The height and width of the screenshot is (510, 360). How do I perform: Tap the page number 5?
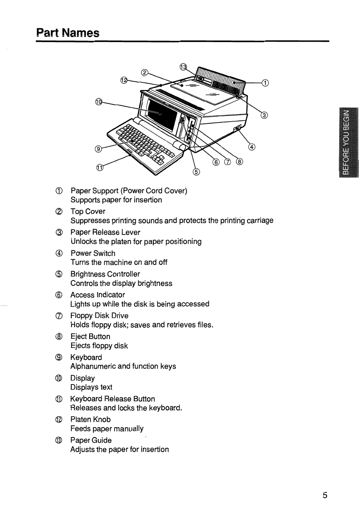click(x=325, y=495)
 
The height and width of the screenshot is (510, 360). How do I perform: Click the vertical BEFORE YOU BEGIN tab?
click(x=349, y=142)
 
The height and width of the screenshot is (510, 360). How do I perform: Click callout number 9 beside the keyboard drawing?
click(x=98, y=149)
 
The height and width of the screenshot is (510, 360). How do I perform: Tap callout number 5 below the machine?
click(x=196, y=172)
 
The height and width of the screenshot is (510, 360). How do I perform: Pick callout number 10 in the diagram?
click(x=99, y=102)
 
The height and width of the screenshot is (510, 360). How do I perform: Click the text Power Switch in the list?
click(x=93, y=253)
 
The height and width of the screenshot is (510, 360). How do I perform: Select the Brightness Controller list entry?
click(x=105, y=274)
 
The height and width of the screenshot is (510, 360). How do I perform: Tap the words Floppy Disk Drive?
click(x=99, y=316)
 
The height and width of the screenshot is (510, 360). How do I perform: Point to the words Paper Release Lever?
click(x=105, y=232)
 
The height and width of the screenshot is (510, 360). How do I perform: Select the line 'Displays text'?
click(x=91, y=387)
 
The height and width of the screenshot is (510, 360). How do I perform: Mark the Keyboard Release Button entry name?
click(x=112, y=399)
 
